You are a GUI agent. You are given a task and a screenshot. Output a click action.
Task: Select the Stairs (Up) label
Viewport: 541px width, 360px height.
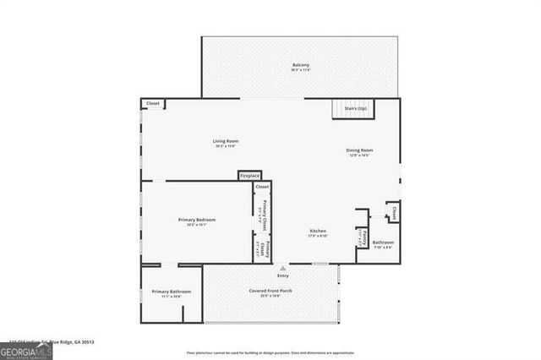[x=356, y=108]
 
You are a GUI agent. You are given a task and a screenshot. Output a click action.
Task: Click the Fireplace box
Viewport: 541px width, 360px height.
[x=249, y=176]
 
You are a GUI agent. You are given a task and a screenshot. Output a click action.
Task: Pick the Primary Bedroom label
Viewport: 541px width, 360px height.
[x=197, y=220]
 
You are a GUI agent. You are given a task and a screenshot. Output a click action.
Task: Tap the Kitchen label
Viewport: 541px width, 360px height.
[x=318, y=231]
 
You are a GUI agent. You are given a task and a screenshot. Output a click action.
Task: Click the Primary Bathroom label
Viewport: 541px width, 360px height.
[x=172, y=292]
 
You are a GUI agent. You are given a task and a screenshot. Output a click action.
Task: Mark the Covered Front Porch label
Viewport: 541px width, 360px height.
[x=270, y=291]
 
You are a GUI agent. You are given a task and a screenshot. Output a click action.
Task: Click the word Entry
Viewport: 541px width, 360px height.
[x=283, y=275]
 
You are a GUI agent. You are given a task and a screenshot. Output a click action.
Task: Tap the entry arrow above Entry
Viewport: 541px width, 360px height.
[x=283, y=268]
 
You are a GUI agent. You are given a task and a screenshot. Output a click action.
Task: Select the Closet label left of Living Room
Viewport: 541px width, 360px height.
[x=153, y=103]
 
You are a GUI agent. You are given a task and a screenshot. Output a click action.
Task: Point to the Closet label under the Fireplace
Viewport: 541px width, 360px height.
[x=262, y=186]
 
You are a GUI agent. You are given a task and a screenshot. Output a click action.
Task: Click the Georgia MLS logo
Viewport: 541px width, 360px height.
[x=26, y=350]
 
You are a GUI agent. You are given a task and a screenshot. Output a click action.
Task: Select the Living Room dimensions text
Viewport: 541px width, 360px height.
[x=225, y=146]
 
